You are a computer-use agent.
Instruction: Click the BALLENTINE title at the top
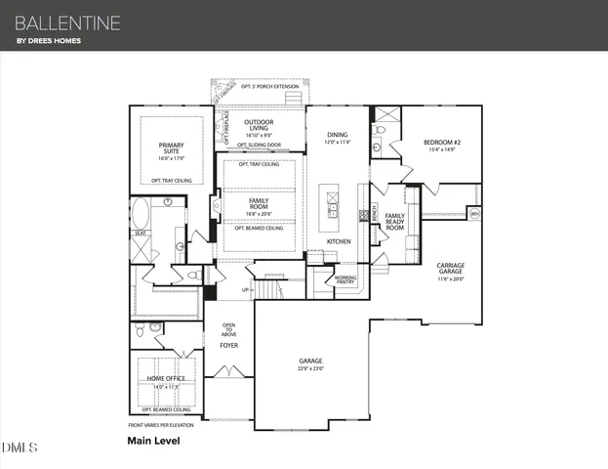[x=68, y=21]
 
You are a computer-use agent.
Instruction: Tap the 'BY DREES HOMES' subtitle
[x=48, y=41]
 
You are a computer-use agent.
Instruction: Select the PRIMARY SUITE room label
[x=171, y=149]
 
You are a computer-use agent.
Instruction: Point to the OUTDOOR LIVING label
[x=259, y=124]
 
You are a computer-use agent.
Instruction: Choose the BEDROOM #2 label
[x=438, y=142]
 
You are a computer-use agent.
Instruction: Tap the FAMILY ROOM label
[x=259, y=203]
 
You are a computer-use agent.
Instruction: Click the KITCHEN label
[x=338, y=240]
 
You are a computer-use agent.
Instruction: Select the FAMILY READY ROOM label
[x=394, y=221]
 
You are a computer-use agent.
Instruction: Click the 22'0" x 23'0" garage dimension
[x=310, y=368]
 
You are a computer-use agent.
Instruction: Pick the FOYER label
[x=228, y=345]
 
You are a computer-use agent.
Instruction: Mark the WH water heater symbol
[x=474, y=213]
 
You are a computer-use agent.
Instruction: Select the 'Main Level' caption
[x=153, y=441]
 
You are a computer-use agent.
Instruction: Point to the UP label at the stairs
[x=246, y=290]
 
